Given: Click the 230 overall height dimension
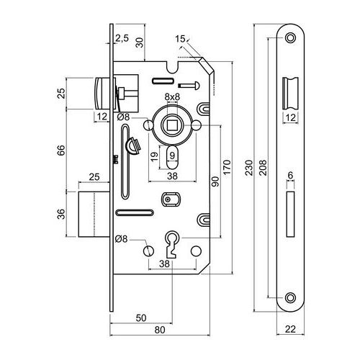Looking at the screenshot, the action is (x=250, y=168).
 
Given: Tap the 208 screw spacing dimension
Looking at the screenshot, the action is (x=264, y=168).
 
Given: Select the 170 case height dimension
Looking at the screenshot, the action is (x=227, y=167).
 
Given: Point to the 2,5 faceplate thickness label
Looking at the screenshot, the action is (x=122, y=38).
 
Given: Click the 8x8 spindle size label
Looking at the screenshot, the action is (x=172, y=96).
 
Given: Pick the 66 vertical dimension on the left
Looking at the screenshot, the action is (x=61, y=150).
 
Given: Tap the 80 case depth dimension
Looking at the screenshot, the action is (x=160, y=330).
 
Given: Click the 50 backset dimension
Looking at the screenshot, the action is (x=141, y=318).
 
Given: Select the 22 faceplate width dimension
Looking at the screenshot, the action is (x=290, y=329).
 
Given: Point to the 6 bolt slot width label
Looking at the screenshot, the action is (x=290, y=176).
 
